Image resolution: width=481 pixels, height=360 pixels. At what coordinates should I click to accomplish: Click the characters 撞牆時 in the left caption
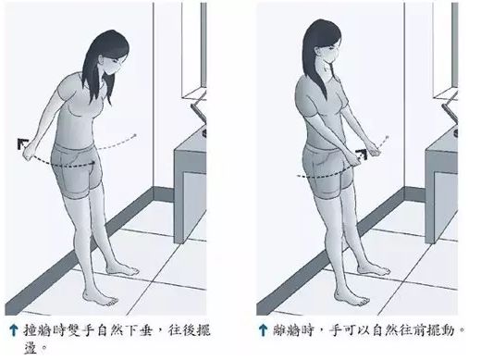pyautogui.click(x=41, y=329)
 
